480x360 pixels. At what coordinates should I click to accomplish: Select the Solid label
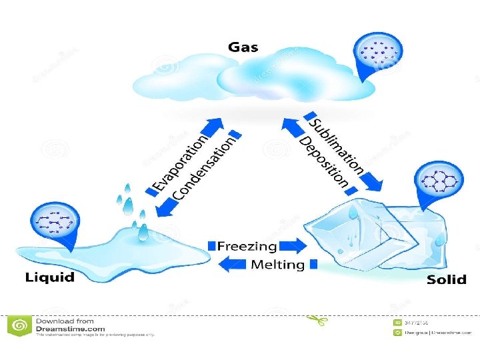446,280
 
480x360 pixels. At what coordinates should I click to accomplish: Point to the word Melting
277,265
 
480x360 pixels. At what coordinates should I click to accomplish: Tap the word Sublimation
337,143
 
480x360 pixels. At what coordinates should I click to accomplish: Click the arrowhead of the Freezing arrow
300,245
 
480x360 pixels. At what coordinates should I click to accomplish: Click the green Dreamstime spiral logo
20,325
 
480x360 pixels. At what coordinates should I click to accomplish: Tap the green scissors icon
316,321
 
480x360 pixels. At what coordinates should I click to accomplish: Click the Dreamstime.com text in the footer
71,328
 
